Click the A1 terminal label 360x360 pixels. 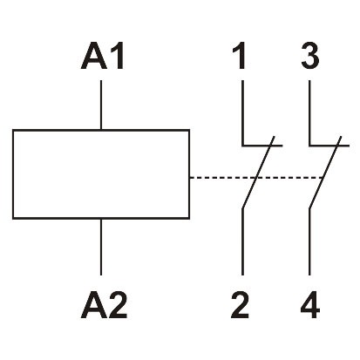coord(103,58)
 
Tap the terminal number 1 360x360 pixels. coord(241,58)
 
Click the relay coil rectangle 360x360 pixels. coord(101,174)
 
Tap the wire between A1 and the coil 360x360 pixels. coord(103,105)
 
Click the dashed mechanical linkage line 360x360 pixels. coord(218,178)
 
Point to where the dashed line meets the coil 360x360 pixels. coord(190,178)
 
